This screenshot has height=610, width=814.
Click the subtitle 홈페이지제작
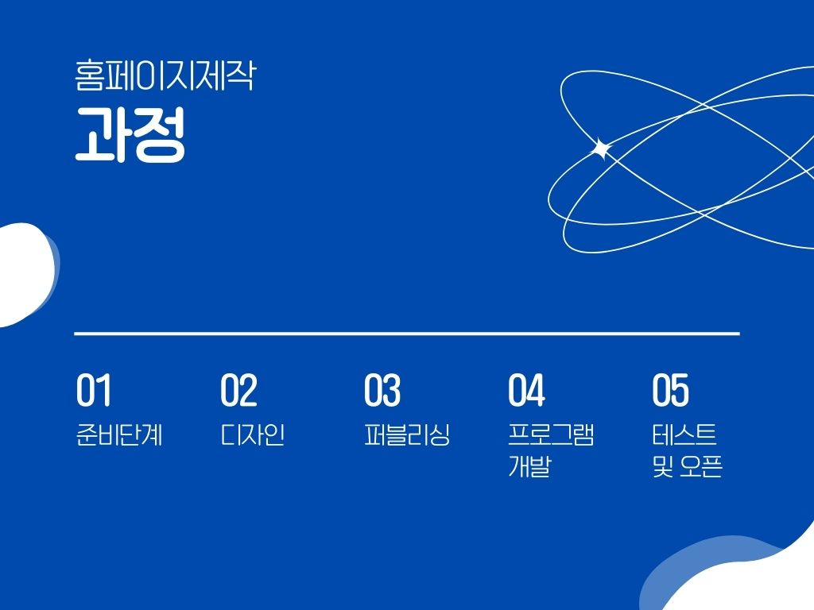coord(165,76)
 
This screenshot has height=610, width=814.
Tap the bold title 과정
coord(130,135)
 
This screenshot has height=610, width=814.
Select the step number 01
coord(94,390)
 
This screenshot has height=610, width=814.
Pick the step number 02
coord(238,390)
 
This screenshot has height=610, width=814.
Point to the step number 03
coord(382,390)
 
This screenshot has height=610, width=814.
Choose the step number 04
coord(526,390)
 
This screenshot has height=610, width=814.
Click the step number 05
coord(671,390)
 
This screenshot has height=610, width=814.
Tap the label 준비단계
coord(119,434)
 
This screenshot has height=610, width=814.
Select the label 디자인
coord(253,434)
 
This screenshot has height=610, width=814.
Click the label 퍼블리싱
coord(407,434)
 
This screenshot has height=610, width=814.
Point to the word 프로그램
coord(552,434)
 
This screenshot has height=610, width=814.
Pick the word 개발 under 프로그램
coord(529,465)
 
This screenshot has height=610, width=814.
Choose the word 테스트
coord(684,434)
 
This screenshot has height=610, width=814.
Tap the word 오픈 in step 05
coord(701,465)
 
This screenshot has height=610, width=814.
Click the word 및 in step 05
coord(663,465)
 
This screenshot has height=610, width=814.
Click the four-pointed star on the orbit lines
coord(602,149)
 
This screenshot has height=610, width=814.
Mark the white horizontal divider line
coord(407,334)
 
